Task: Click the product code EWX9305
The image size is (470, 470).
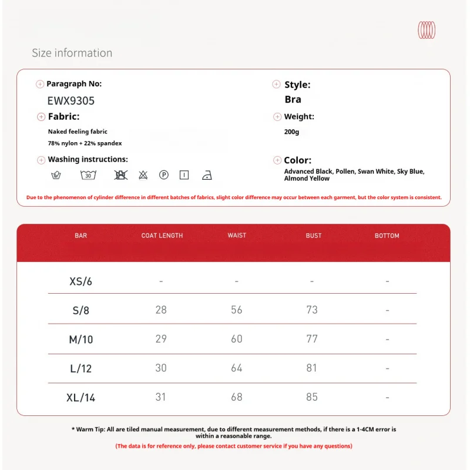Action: tap(70, 100)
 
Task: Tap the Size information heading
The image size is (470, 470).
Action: tap(72, 53)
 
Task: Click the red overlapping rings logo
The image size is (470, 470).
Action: tap(427, 30)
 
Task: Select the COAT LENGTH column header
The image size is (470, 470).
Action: tap(162, 236)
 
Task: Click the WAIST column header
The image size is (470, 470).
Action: tap(237, 236)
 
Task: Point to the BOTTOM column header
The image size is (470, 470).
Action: tap(387, 236)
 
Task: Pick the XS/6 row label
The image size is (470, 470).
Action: tap(81, 281)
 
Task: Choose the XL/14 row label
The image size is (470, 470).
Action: tap(81, 398)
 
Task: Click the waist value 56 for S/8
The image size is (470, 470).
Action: tap(237, 310)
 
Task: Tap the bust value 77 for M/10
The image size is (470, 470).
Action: tap(312, 339)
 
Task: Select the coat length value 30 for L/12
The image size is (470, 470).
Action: tap(161, 368)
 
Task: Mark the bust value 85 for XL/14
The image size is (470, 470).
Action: tap(312, 397)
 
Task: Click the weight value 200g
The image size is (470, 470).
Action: tap(291, 132)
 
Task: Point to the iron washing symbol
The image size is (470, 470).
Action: tap(206, 175)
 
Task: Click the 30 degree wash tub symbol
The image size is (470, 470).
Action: tap(88, 174)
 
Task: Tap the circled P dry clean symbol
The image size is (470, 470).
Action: tap(164, 174)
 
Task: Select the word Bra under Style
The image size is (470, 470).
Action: tap(293, 99)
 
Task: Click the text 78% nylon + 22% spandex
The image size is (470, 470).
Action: tap(85, 143)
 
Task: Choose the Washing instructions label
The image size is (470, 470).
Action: tap(88, 159)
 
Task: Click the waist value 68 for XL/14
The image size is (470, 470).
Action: tap(237, 397)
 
